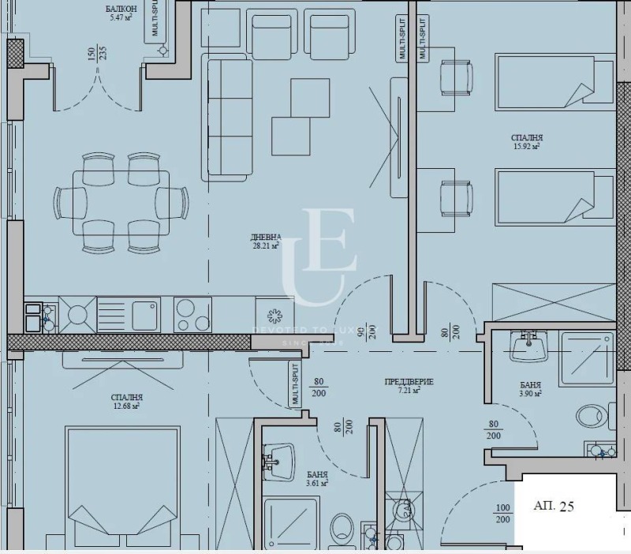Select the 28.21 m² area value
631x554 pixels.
pyautogui.click(x=263, y=245)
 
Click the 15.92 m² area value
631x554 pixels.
pyautogui.click(x=526, y=146)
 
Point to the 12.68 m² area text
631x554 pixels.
pyautogui.click(x=126, y=406)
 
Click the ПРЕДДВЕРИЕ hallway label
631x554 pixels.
pyautogui.click(x=409, y=381)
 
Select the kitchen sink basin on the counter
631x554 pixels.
pyautogui.click(x=146, y=314)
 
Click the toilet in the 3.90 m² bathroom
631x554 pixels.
pyautogui.click(x=592, y=417)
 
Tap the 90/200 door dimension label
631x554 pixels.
pyautogui.click(x=365, y=332)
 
